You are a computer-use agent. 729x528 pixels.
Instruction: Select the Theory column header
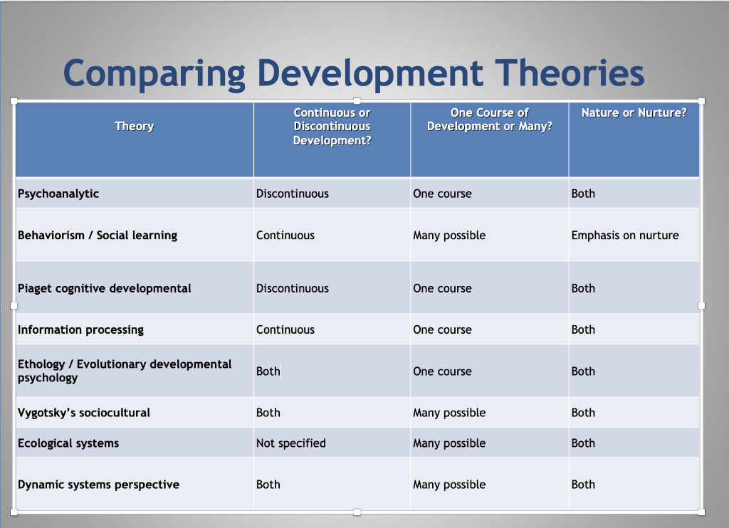tap(135, 127)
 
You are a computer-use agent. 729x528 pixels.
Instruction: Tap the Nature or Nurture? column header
tap(634, 113)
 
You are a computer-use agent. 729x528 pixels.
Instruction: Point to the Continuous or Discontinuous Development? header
tap(332, 127)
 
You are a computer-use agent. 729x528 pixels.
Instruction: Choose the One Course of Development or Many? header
tap(490, 120)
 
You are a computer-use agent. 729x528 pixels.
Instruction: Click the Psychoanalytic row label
tap(58, 194)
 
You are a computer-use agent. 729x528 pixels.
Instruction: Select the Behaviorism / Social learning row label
tap(98, 236)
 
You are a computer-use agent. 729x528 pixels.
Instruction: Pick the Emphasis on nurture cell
tap(625, 236)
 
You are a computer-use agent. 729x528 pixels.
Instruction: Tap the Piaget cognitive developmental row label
tap(105, 289)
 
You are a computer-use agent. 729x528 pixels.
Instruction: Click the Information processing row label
tap(81, 330)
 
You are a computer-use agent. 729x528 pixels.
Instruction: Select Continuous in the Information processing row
tap(285, 329)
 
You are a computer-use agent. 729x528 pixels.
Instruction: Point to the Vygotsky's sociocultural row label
tap(84, 413)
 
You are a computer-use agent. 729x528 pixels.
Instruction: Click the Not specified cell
tap(291, 443)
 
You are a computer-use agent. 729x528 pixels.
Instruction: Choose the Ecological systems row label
tap(68, 443)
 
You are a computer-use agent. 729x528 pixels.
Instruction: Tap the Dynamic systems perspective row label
tap(98, 485)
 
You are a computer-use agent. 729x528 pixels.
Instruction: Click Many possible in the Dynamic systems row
tap(449, 485)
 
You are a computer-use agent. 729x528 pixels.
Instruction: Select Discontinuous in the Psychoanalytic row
tap(293, 194)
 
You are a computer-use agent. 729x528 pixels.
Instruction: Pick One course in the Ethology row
tap(442, 371)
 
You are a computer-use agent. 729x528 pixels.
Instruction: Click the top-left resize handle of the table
tap(14, 101)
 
